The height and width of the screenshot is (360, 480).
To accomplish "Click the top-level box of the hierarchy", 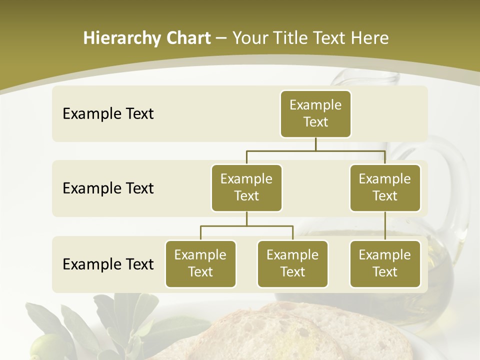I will tap(315, 113).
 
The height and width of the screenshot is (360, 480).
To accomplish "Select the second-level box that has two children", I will tap(246, 187).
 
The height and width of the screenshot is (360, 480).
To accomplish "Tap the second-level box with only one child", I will tap(385, 187).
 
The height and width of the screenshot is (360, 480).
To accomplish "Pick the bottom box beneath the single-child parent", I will tap(385, 263).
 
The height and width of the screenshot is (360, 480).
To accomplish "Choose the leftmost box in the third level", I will tap(200, 263).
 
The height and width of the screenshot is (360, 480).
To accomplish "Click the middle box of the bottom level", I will tap(292, 263).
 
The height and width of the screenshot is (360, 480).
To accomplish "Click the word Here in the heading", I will tap(369, 38).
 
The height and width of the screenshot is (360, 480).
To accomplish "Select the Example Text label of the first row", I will tap(108, 113).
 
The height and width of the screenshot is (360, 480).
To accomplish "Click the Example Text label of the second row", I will tap(108, 188).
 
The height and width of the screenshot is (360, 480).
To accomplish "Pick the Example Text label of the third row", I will tap(108, 264).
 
